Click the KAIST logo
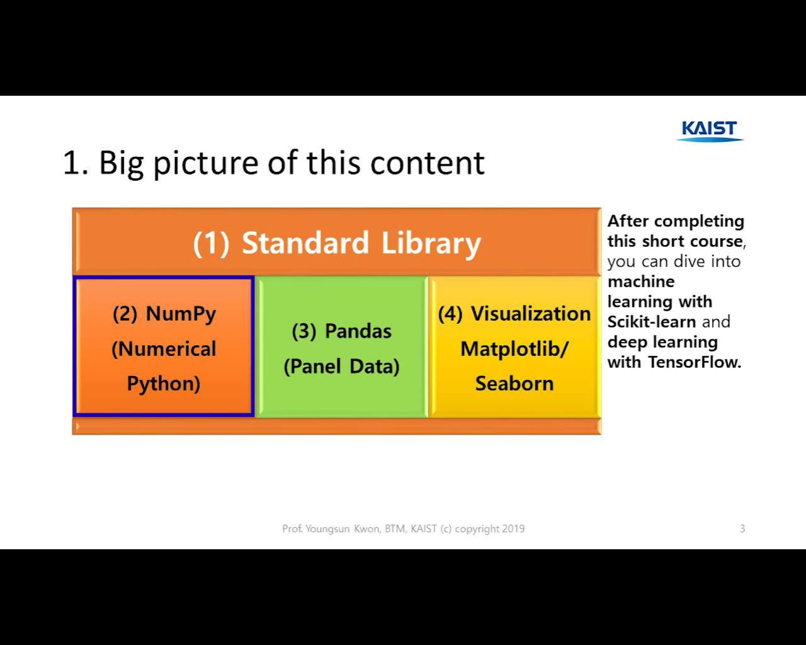pos(709,130)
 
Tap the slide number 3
pos(742,528)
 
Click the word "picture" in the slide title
pos(205,163)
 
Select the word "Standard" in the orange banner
pos(305,243)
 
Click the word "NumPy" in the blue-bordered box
pos(181,313)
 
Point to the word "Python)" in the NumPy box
pos(164,383)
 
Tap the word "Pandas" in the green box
pos(358,331)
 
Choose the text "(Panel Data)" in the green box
pos(341,366)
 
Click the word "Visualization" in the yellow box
pos(531,313)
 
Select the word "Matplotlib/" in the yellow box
pos(514,348)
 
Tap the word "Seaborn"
pos(514,383)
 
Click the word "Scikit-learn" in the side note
pos(651,322)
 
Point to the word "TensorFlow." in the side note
pos(695,362)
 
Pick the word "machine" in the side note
pos(640,282)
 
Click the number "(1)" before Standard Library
pos(211,244)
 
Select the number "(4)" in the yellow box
pos(450,313)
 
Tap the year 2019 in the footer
pos(513,528)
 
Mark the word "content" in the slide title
pos(427,163)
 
